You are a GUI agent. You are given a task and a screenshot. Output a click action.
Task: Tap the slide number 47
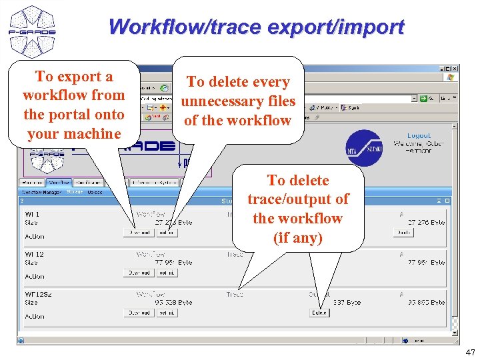470,351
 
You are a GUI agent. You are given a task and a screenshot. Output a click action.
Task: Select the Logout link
419,136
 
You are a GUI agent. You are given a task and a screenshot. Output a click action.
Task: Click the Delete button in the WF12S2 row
319,313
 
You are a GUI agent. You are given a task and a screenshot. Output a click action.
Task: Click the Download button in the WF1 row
139,233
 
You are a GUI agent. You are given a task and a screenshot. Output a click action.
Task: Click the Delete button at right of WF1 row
403,233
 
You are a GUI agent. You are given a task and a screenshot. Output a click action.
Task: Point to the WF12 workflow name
34,254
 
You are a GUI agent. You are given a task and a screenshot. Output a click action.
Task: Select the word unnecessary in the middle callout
237,101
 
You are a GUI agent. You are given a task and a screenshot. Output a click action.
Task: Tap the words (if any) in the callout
297,237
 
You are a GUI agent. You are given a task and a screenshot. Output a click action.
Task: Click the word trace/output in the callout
297,199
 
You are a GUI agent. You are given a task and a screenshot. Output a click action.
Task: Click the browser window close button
455,69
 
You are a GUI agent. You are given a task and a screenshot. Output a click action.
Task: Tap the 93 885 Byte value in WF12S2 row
427,302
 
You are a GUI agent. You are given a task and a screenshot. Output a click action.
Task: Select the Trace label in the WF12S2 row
235,294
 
